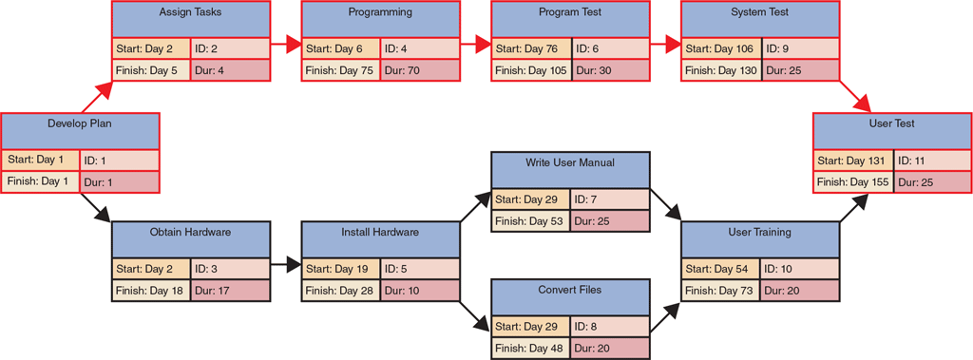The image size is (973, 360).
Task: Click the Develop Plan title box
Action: tap(80, 130)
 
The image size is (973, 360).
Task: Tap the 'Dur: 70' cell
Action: tap(420, 70)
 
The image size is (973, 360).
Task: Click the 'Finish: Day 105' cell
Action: tap(530, 70)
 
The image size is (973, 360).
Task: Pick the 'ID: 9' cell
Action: tap(800, 48)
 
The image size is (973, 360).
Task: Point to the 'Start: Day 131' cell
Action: tap(852, 161)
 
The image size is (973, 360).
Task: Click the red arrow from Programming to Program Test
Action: tap(475, 44)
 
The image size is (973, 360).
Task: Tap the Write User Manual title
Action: tap(570, 169)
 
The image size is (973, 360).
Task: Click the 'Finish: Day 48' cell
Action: tap(530, 349)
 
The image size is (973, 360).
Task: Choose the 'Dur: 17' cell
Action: tap(231, 291)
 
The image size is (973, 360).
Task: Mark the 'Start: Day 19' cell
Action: tap(340, 269)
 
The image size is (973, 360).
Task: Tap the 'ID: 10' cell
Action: tap(800, 269)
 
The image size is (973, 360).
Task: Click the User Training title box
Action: tap(760, 238)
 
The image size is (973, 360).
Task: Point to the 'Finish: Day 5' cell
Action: tap(150, 70)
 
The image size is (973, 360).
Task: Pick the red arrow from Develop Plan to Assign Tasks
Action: tap(97, 97)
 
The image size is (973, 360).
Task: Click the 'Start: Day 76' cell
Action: tap(530, 48)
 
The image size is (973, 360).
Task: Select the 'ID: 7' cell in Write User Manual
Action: tap(610, 199)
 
